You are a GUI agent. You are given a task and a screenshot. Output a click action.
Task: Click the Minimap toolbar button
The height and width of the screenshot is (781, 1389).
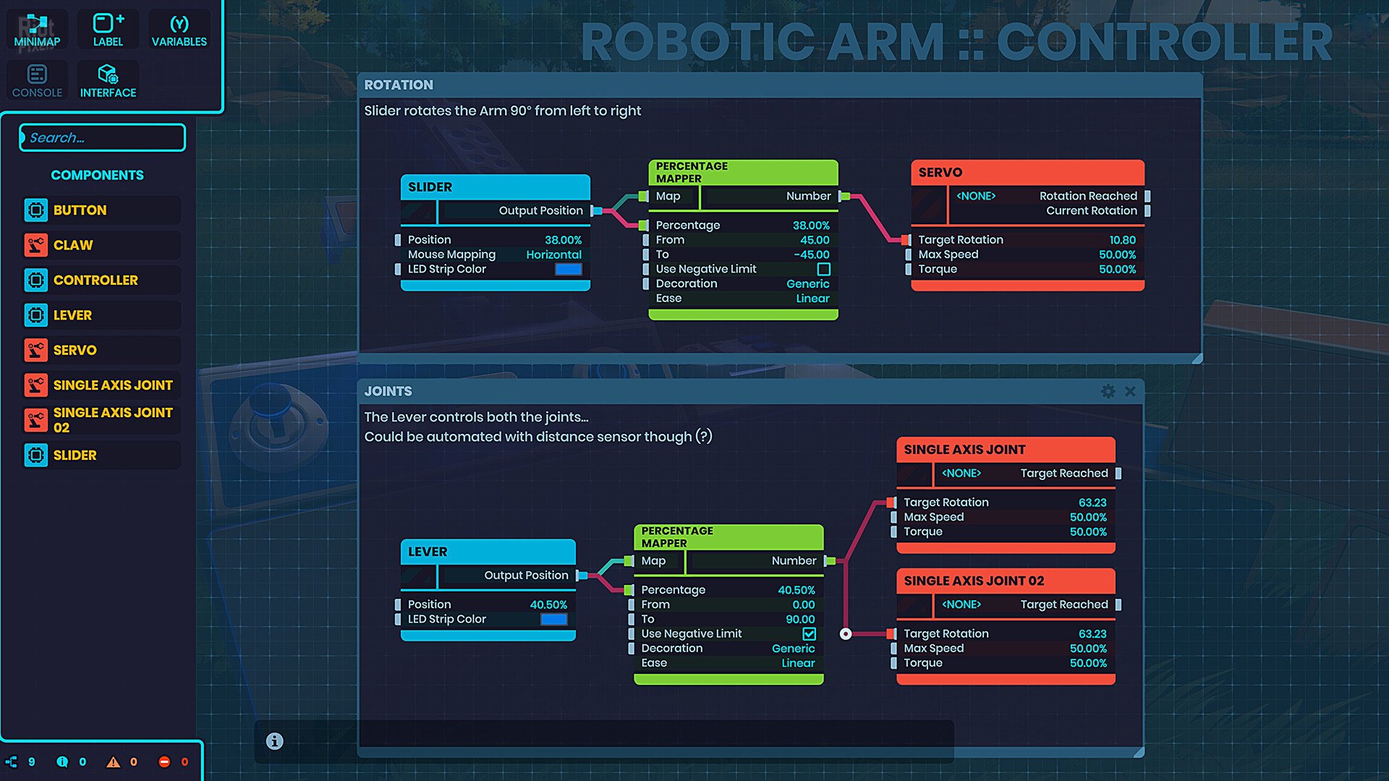tap(37, 30)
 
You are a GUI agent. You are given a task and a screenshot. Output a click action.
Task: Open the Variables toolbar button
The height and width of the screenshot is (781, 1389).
tap(179, 30)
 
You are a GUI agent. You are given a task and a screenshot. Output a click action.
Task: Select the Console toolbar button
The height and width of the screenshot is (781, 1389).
tap(37, 81)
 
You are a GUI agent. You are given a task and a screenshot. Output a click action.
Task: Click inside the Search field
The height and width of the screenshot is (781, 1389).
tap(103, 137)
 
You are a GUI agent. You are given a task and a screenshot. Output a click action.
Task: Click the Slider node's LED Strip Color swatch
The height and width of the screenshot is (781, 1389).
tap(568, 269)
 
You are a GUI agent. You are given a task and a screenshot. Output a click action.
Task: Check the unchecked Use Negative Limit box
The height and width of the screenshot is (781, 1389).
tap(823, 269)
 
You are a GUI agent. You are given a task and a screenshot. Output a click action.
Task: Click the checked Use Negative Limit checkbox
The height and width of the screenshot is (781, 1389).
tap(809, 633)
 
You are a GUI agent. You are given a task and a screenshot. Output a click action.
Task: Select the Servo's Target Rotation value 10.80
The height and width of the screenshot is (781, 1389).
tap(1122, 240)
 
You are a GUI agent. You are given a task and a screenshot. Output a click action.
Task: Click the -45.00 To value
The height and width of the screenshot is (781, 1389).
tap(812, 255)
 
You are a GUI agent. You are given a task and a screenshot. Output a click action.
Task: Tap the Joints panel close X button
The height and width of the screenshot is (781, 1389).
tap(1130, 391)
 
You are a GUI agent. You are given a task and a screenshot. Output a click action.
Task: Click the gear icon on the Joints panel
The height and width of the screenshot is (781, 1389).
tap(1108, 391)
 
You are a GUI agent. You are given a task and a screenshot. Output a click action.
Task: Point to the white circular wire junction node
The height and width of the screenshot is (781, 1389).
tap(846, 634)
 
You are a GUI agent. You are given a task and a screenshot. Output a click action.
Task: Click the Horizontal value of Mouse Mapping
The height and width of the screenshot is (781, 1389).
tap(553, 255)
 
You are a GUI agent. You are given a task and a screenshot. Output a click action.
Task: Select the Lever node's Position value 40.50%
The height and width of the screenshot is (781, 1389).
tap(548, 605)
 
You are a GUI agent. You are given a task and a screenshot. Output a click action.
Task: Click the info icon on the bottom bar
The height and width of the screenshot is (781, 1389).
tap(274, 741)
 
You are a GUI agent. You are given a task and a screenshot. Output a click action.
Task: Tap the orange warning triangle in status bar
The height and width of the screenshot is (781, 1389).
tap(114, 761)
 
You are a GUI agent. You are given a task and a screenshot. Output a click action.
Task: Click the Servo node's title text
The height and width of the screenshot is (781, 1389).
tap(940, 172)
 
